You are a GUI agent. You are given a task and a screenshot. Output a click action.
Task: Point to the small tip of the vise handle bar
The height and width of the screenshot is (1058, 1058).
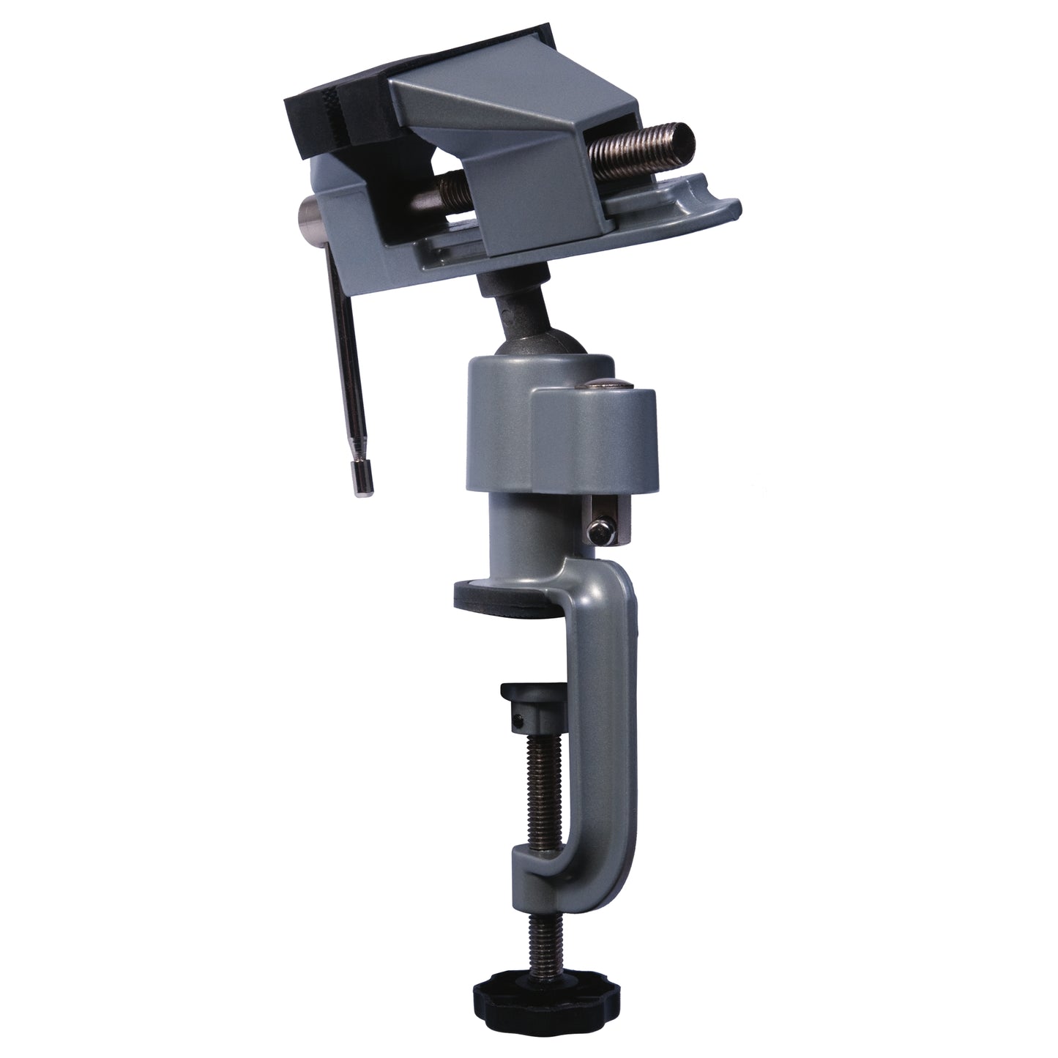363,481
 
